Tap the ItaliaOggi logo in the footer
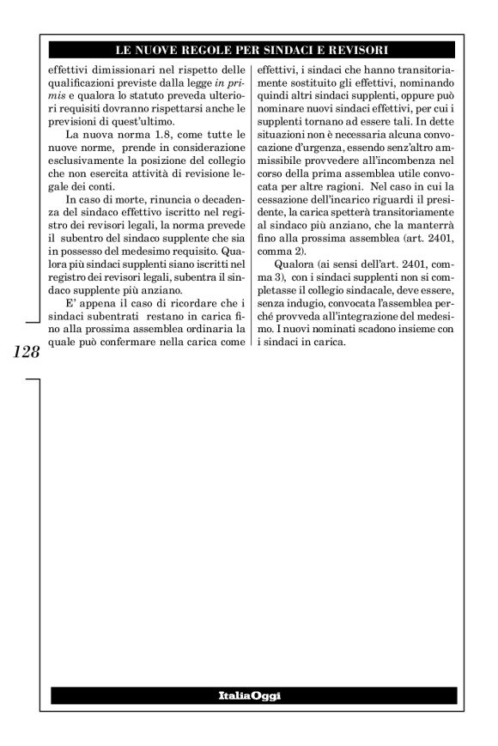(x=250, y=695)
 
